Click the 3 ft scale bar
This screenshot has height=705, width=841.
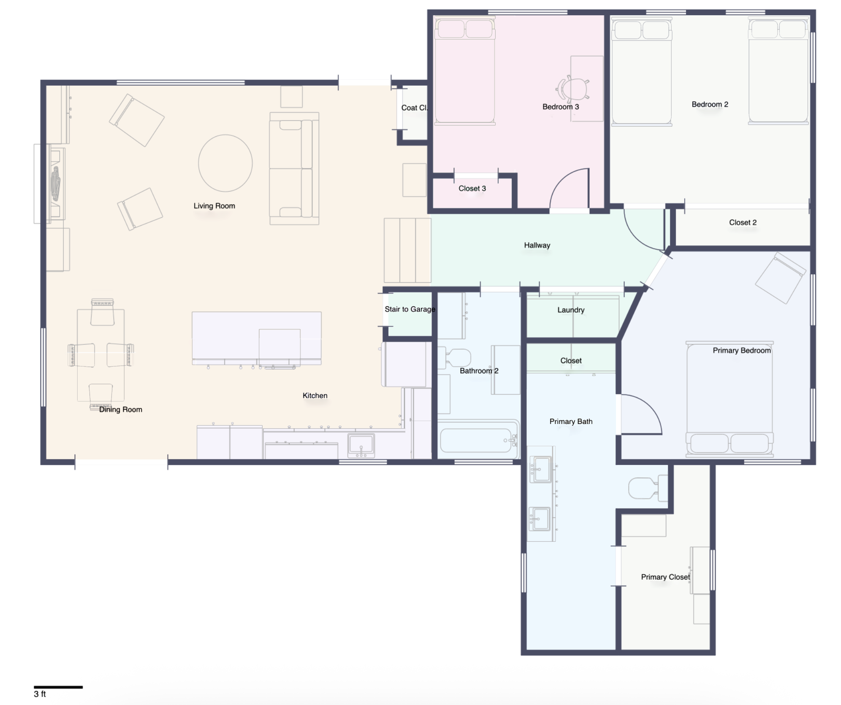[58, 687]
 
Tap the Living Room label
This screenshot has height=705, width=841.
[214, 206]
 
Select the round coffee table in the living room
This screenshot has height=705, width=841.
[225, 163]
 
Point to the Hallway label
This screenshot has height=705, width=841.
[537, 245]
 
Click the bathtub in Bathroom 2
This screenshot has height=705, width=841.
[478, 440]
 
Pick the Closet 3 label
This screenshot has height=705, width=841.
[472, 189]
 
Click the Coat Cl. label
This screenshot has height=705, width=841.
[414, 108]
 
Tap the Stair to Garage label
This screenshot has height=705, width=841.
[410, 309]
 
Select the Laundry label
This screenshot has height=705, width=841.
[571, 310]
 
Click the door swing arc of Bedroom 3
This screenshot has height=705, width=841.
[560, 179]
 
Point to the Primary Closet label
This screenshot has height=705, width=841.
[665, 577]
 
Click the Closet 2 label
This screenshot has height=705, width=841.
[743, 222]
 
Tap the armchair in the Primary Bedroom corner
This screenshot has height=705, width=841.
[781, 278]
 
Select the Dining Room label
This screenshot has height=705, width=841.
[120, 409]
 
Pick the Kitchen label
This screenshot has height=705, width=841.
[315, 395]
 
